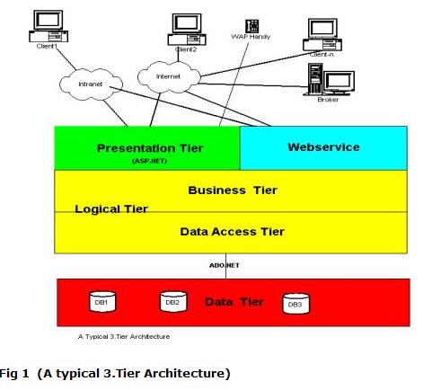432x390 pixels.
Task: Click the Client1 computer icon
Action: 48,26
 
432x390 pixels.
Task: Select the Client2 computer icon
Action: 187,30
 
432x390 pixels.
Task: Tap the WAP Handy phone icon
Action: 252,26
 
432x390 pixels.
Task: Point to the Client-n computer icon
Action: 322,35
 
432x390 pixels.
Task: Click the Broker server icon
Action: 330,80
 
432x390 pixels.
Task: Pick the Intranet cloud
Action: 91,84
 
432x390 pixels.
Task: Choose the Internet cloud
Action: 169,77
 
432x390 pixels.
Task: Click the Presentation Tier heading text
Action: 150,148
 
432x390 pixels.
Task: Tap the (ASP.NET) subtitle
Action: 150,161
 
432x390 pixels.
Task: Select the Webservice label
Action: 323,147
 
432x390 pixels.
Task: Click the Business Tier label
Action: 233,191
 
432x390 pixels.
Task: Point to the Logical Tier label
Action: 111,208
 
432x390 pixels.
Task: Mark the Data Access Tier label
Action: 232,232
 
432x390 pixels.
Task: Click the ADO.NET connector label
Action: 225,265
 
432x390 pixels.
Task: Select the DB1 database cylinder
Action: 102,302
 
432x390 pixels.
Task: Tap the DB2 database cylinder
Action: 173,301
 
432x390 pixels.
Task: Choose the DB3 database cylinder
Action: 296,304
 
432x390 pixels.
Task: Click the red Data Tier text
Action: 234,302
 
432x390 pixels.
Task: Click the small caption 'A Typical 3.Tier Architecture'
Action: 124,337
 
